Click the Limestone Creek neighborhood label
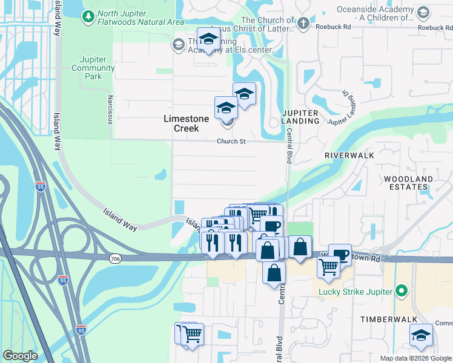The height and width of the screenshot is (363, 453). [187, 119]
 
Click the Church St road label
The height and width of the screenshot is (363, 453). [231, 142]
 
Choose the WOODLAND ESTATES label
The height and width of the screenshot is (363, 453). [408, 183]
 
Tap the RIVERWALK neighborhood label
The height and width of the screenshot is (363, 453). [349, 155]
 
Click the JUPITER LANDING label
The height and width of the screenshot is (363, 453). [301, 117]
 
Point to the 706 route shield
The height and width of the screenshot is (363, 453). [115, 258]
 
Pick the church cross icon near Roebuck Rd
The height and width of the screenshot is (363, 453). [303, 23]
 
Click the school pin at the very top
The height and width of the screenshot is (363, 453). [209, 39]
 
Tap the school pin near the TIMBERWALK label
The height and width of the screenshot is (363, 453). [421, 336]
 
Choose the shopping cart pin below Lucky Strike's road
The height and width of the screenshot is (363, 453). [328, 267]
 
